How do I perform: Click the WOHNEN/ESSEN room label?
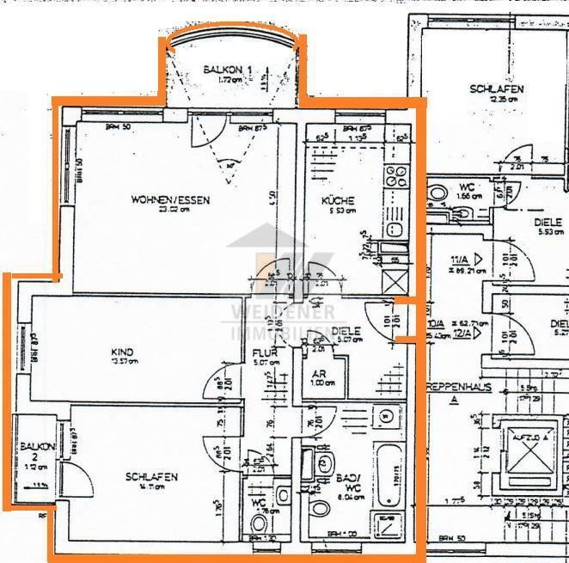(170, 200)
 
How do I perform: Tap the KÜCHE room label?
(338, 201)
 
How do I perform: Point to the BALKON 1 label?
(228, 70)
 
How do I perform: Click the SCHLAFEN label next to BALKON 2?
(151, 477)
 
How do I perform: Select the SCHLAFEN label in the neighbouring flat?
(496, 89)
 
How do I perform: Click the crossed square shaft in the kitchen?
(395, 281)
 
